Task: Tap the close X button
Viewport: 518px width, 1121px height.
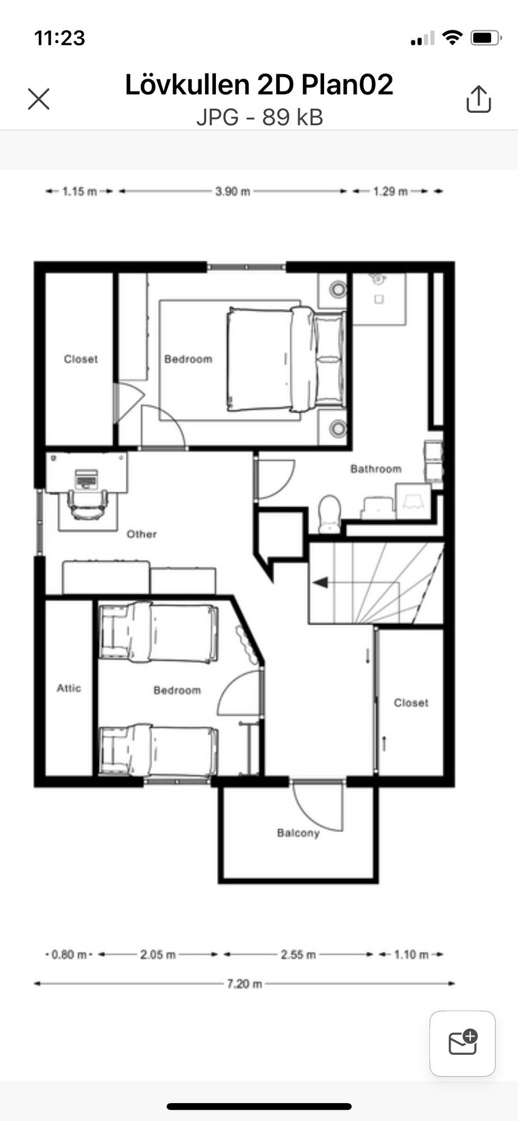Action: (39, 99)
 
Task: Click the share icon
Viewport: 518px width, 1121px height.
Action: (478, 99)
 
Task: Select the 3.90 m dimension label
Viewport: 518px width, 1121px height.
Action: (233, 192)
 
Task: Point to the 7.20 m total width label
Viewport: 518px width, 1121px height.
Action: (244, 984)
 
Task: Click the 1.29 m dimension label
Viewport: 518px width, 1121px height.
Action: (391, 192)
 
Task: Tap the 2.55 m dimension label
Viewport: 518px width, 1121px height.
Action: (298, 955)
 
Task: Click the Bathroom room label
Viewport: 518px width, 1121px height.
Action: (376, 469)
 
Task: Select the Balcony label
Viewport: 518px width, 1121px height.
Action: (298, 833)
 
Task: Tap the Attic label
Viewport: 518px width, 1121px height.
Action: (69, 688)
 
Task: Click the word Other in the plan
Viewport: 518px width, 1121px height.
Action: (141, 534)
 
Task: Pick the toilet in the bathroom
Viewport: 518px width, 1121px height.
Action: (330, 513)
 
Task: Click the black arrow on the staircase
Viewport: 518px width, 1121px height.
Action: (321, 583)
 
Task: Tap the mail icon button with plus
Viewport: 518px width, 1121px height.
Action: (462, 1044)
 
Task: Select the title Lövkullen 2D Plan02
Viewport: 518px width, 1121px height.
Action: (259, 85)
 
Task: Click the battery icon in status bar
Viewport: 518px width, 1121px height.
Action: (486, 38)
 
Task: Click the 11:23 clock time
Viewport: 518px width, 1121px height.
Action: (59, 38)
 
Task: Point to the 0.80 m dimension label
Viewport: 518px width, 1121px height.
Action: (69, 955)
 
